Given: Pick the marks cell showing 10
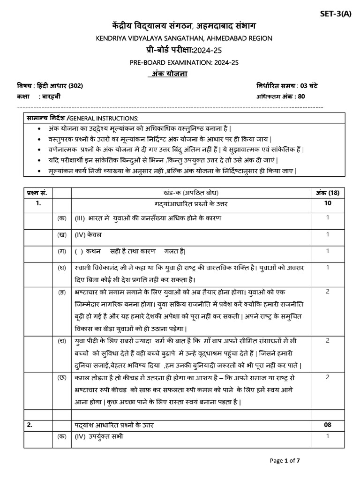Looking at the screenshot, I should pyautogui.click(x=328, y=203).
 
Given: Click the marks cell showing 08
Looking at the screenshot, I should pyautogui.click(x=328, y=425).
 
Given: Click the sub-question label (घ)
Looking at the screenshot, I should pyautogui.click(x=61, y=267).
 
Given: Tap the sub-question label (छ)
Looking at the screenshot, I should pyautogui.click(x=61, y=377).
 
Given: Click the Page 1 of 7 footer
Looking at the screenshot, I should pyautogui.click(x=285, y=461).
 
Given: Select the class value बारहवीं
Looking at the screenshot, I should pyautogui.click(x=50, y=97).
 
